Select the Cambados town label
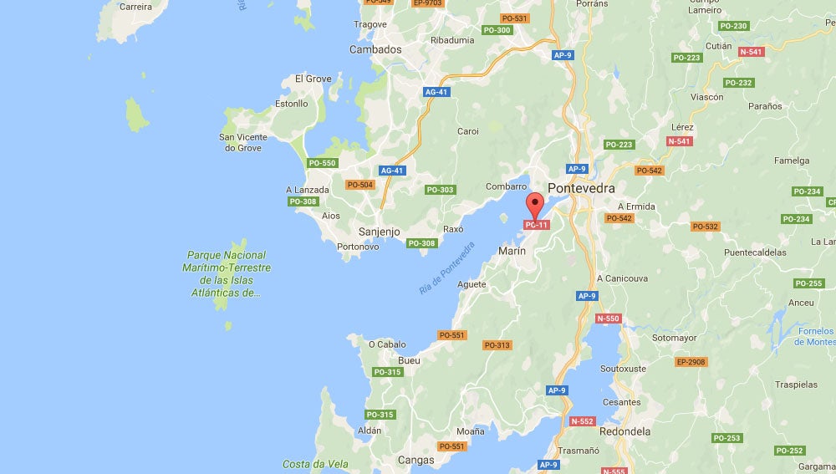(375, 49)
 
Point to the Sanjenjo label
(379, 232)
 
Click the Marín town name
(512, 251)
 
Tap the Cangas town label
(416, 460)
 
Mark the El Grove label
(313, 79)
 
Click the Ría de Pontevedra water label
(447, 268)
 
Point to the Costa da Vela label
(309, 464)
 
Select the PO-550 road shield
(322, 163)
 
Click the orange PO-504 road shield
(360, 185)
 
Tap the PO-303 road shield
(440, 190)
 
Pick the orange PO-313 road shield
(497, 345)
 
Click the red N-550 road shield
(608, 319)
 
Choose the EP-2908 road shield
(691, 362)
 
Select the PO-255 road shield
(808, 283)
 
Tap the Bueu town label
(409, 360)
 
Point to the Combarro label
(506, 186)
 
